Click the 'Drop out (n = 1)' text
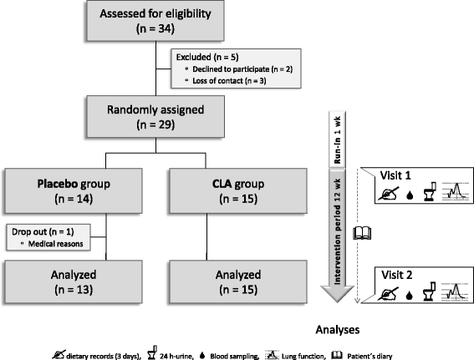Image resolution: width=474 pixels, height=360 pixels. pyautogui.click(x=36, y=228)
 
